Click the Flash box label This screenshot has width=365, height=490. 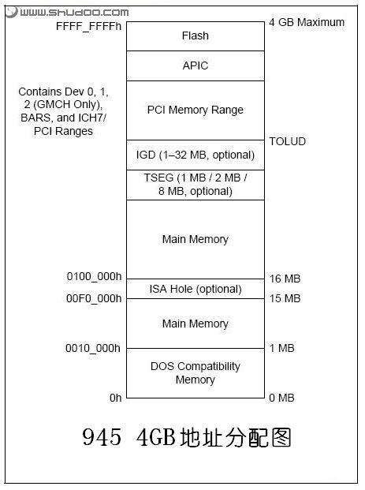click(196, 36)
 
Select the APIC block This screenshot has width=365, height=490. click(196, 65)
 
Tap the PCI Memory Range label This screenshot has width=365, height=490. click(196, 110)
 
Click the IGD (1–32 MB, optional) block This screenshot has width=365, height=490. click(196, 155)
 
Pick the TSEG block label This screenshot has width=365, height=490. click(196, 185)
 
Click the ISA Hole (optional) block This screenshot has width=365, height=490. click(196, 289)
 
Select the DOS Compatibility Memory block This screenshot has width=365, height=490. click(196, 373)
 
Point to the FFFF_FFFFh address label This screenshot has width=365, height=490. click(88, 26)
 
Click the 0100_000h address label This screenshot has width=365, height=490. click(94, 277)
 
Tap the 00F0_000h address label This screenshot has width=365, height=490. click(94, 298)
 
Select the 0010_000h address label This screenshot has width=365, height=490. click(93, 348)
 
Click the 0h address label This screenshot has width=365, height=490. click(116, 398)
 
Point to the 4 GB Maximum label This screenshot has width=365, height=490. click(307, 22)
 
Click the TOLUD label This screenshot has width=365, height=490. click(287, 141)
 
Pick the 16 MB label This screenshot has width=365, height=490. click(285, 279)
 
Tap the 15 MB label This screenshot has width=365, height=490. click(285, 298)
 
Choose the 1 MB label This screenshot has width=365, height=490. click(282, 348)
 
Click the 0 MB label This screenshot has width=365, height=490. click(281, 398)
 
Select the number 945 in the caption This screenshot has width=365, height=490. click(102, 437)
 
